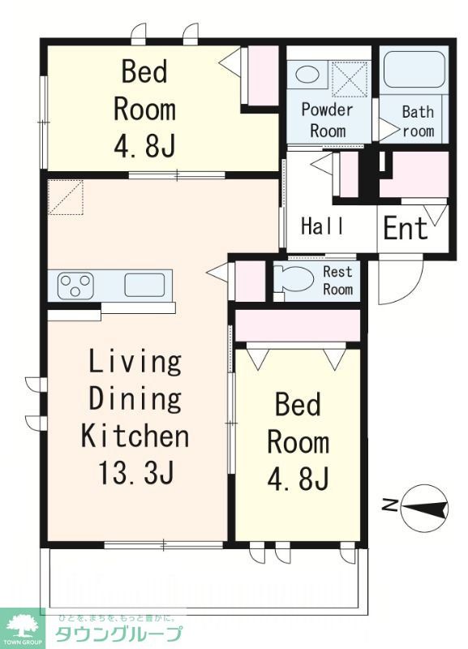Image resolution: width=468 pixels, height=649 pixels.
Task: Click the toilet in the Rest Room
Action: pyautogui.click(x=294, y=278)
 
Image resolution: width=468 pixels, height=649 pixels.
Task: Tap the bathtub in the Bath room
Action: pyautogui.click(x=414, y=69)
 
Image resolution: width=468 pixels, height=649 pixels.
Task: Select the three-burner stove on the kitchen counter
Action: pyautogui.click(x=75, y=286)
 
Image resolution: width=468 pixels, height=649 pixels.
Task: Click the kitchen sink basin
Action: pyautogui.click(x=144, y=286)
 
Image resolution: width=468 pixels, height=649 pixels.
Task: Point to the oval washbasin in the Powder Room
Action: pyautogui.click(x=307, y=75)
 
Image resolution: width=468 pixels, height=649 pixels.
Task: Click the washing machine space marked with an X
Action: pyautogui.click(x=350, y=80)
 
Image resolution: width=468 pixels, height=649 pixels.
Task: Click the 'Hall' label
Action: pyautogui.click(x=322, y=226)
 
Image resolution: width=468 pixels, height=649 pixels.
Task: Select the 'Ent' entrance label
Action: pyautogui.click(x=405, y=228)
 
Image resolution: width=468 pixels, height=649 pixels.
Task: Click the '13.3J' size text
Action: pyautogui.click(x=135, y=472)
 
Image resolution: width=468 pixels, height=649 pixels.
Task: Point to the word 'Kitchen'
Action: pyautogui.click(x=135, y=435)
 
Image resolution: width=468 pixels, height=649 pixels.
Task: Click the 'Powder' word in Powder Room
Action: pyautogui.click(x=327, y=110)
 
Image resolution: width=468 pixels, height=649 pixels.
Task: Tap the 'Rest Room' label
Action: pyautogui.click(x=337, y=280)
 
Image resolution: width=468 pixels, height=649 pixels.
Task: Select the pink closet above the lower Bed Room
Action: pyautogui.click(x=298, y=325)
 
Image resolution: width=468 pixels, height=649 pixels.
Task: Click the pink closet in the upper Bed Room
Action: pyautogui.click(x=263, y=75)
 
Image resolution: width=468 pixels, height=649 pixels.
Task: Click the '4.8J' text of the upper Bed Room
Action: pyautogui.click(x=144, y=146)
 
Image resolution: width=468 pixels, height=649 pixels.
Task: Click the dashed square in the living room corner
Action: pyautogui.click(x=66, y=197)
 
